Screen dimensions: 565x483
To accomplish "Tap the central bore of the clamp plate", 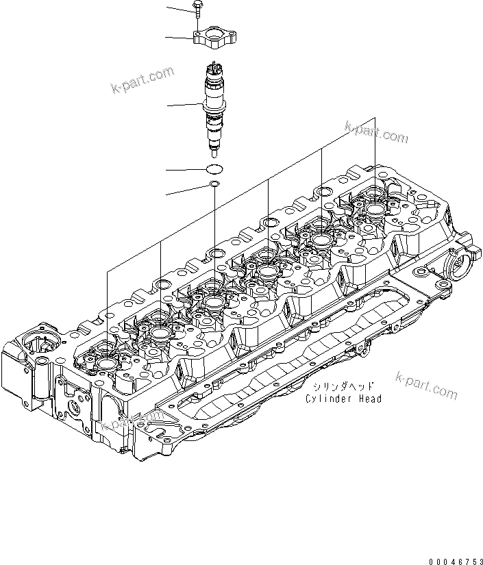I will click(216, 35).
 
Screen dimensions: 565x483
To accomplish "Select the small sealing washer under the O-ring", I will click(214, 184).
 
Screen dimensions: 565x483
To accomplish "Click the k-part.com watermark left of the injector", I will click(143, 80).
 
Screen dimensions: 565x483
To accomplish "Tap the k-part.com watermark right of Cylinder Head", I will click(426, 385).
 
